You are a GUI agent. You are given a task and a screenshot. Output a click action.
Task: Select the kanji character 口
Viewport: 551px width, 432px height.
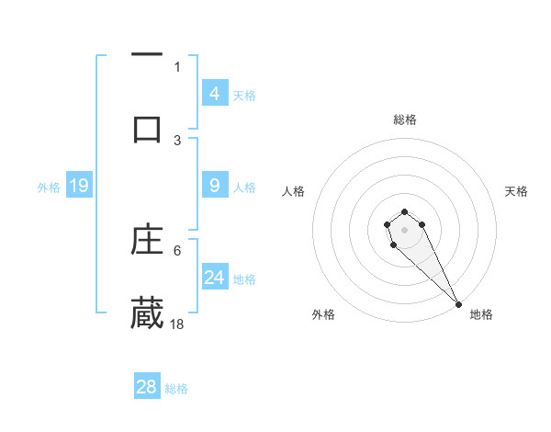click(147, 129)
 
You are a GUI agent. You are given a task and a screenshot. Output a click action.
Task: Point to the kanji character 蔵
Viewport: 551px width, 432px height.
click(147, 313)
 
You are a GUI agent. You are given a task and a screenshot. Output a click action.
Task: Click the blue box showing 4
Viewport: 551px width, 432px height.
click(215, 93)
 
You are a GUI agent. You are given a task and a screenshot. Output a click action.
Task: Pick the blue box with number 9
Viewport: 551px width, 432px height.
click(215, 186)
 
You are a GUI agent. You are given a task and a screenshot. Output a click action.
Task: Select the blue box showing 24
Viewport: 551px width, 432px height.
click(215, 278)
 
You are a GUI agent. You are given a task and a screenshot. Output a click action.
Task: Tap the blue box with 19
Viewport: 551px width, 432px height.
click(78, 186)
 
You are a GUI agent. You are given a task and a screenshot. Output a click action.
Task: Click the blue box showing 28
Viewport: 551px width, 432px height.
click(147, 386)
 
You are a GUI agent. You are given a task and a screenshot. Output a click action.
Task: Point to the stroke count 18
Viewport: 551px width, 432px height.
click(177, 324)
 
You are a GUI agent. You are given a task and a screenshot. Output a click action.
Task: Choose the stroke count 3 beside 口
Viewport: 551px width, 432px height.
click(177, 140)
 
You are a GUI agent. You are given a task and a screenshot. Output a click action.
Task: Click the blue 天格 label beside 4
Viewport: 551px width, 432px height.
click(244, 95)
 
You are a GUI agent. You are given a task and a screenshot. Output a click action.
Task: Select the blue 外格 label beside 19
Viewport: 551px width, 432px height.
click(49, 188)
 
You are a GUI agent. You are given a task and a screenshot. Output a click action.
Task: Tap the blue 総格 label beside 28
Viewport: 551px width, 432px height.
click(176, 388)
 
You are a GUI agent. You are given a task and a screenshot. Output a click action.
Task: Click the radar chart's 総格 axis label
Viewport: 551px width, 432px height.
click(405, 119)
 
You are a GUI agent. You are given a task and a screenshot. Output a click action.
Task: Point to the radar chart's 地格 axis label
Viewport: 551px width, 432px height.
click(481, 314)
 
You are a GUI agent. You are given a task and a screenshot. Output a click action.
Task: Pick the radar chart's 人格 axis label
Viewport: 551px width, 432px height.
click(294, 191)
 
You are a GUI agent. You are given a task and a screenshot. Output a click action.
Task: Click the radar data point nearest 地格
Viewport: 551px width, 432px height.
click(458, 304)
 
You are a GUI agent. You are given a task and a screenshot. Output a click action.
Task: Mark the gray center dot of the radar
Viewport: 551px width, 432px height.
click(404, 229)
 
